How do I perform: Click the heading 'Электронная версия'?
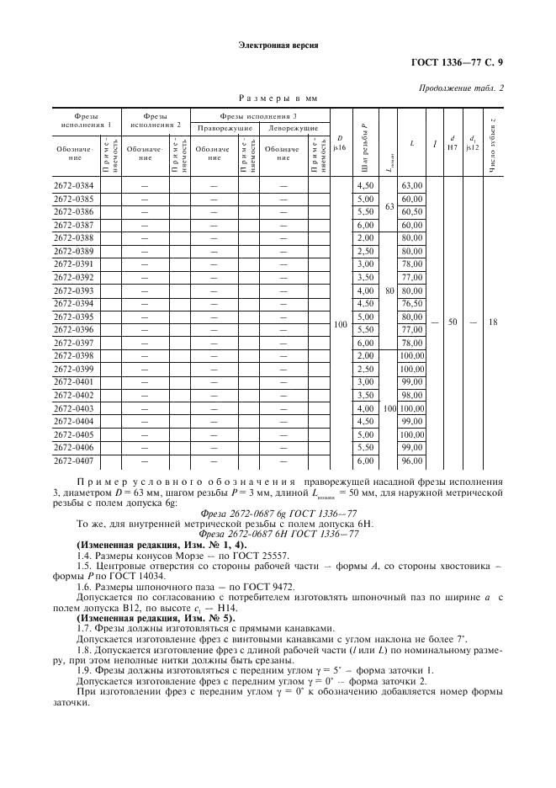click(x=278, y=45)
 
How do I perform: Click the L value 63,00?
click(x=411, y=185)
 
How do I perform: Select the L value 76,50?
click(x=411, y=303)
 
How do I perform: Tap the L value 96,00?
click(x=411, y=461)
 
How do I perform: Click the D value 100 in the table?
click(x=340, y=323)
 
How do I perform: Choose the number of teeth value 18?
click(x=493, y=323)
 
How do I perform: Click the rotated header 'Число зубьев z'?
click(x=493, y=143)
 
